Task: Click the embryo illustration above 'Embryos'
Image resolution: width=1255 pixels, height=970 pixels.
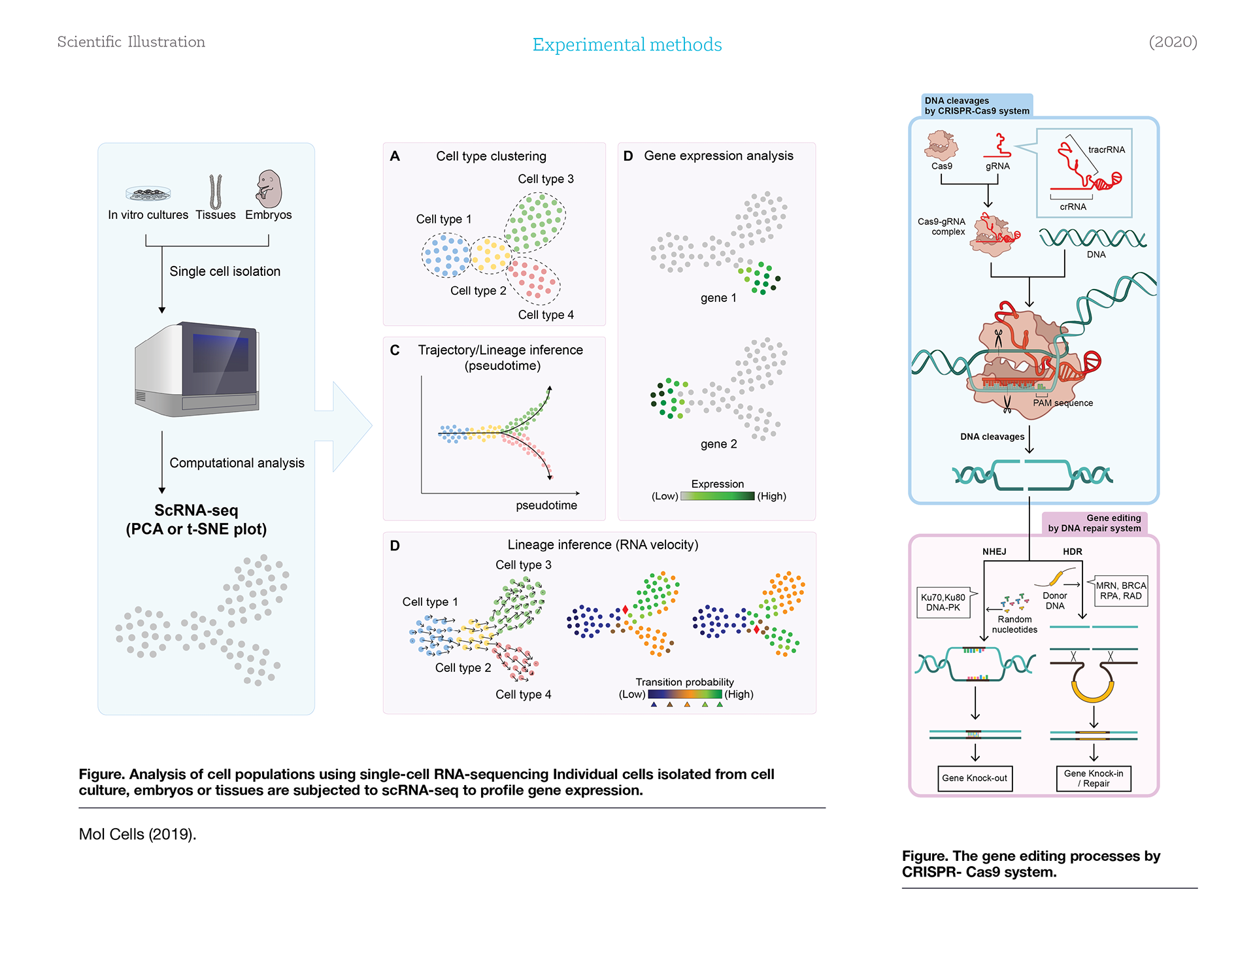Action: [x=269, y=189]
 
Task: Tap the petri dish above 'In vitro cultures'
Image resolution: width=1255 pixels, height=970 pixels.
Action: [x=148, y=193]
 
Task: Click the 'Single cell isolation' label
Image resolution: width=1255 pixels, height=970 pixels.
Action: [x=225, y=271]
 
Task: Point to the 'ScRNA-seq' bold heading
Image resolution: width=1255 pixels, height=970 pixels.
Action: [x=196, y=510]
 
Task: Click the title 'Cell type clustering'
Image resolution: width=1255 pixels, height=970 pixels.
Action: [x=491, y=156]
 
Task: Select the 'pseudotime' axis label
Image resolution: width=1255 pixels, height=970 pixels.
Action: [x=546, y=505]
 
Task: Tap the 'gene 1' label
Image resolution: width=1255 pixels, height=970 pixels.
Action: [x=718, y=298]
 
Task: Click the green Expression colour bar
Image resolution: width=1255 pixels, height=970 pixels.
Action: [x=717, y=496]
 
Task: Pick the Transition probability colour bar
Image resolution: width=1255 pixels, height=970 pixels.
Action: [x=685, y=694]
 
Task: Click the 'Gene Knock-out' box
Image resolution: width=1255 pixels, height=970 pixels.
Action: [x=975, y=778]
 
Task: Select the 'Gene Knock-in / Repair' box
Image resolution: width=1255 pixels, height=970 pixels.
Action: [x=1094, y=778]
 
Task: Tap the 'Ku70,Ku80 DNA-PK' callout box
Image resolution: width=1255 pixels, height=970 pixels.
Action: [x=943, y=602]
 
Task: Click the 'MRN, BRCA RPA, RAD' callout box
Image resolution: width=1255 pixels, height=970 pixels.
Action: [x=1120, y=591]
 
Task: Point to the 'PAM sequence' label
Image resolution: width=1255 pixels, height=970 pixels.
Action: [x=1063, y=403]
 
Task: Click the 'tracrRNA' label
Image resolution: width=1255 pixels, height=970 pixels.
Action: [x=1107, y=150]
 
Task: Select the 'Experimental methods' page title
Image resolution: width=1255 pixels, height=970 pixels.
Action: [x=627, y=44]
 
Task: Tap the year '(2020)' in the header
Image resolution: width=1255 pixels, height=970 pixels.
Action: [x=1173, y=42]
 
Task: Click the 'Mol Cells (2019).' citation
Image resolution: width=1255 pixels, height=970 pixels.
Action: [x=137, y=834]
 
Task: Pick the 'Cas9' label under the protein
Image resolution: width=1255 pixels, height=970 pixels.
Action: [x=942, y=166]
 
